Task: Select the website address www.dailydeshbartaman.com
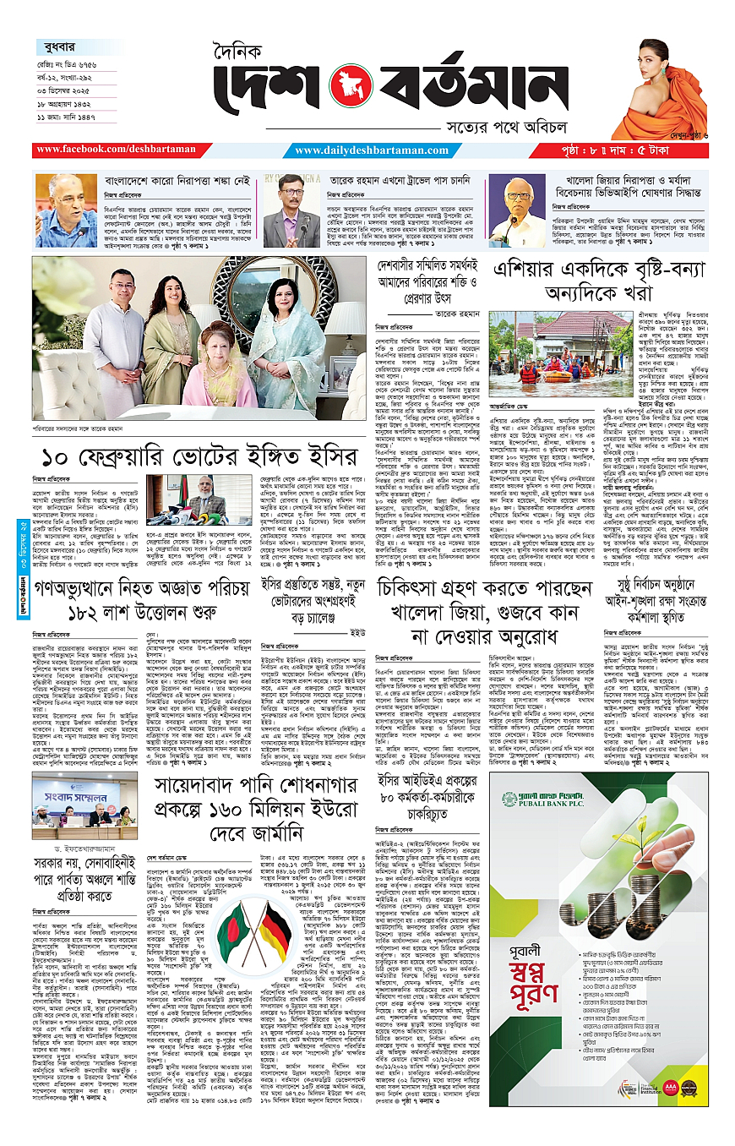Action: tap(370, 150)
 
